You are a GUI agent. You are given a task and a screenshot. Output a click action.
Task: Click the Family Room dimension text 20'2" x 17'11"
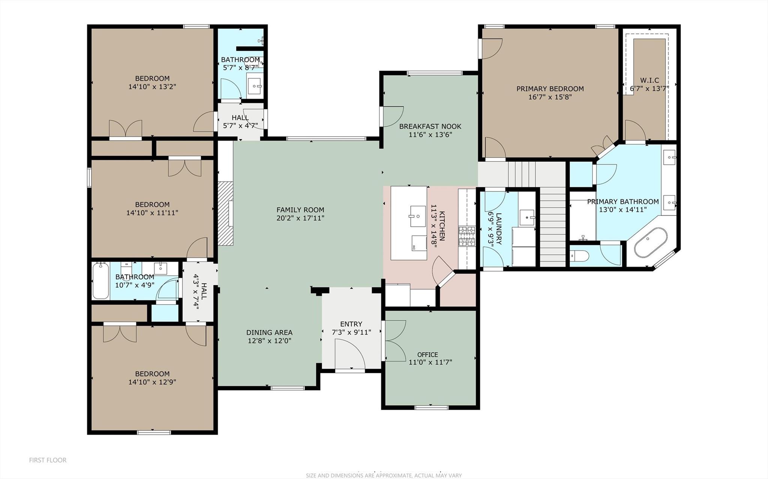click(x=300, y=218)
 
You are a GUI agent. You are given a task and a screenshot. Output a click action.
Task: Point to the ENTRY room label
click(x=351, y=324)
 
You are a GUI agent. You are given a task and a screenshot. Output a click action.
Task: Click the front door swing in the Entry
click(x=350, y=354)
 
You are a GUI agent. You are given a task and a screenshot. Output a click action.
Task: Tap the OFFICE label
click(x=427, y=355)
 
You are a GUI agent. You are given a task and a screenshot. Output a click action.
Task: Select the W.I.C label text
click(x=649, y=80)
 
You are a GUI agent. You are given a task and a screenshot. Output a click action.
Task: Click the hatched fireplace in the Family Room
click(x=225, y=213)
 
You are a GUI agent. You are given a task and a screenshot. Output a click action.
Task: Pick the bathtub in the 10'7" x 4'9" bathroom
click(x=101, y=280)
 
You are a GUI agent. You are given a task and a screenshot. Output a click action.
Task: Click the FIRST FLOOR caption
click(x=48, y=460)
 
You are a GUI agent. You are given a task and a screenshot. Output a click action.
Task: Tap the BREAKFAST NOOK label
click(x=430, y=126)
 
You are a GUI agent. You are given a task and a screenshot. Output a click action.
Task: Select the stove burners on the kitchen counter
click(x=467, y=236)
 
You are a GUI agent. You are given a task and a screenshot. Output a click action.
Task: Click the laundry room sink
click(x=528, y=217)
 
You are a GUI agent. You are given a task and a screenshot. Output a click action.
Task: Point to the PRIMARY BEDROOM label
click(x=550, y=89)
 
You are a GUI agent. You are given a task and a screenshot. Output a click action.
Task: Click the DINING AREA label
click(x=269, y=332)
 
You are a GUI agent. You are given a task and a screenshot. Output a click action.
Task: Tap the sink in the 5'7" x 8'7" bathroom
click(x=255, y=87)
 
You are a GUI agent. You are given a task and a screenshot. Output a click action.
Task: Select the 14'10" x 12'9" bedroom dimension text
click(x=152, y=382)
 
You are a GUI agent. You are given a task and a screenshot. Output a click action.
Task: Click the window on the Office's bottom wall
click(x=431, y=407)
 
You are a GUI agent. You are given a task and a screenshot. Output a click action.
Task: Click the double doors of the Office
click(x=395, y=341)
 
